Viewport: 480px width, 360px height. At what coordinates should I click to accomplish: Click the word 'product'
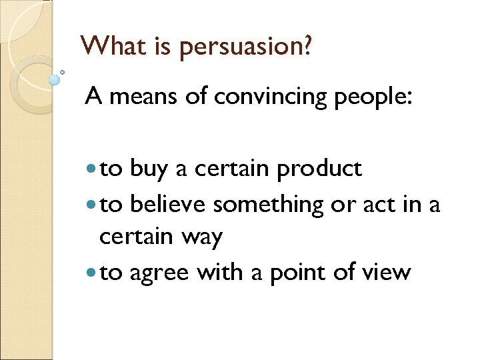[319, 170]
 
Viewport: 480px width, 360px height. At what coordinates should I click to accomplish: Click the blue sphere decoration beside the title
[55, 80]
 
